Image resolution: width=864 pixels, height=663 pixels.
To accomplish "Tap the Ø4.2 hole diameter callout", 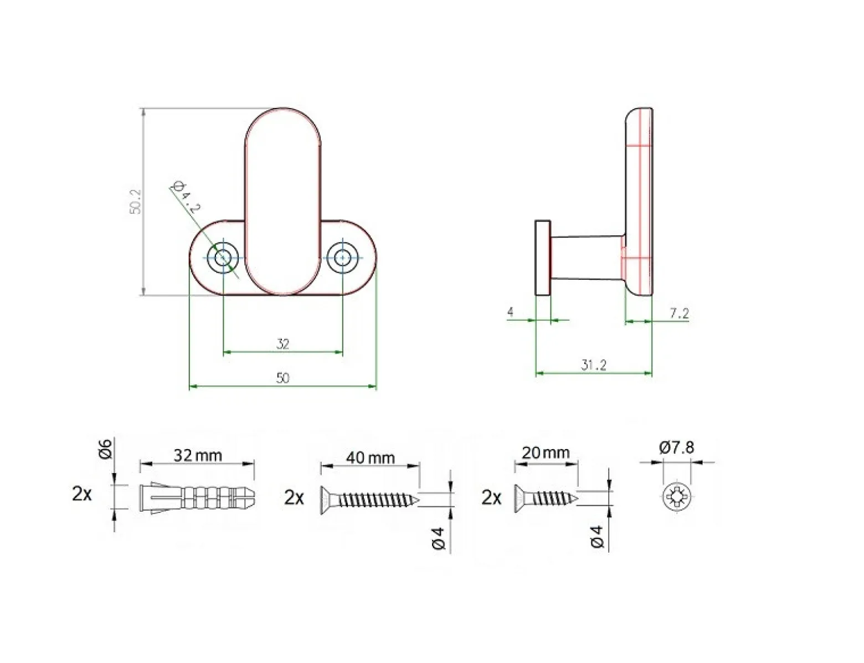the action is [186, 197].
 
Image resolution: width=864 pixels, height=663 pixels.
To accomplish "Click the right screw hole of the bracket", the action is [342, 258].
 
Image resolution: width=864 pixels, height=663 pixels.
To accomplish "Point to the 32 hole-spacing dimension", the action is [282, 344].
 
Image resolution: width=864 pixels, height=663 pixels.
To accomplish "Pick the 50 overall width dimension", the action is [282, 378].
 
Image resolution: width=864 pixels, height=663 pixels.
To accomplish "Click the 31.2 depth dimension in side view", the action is [593, 365].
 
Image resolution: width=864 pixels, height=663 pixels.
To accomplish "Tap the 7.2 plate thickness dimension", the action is [679, 313].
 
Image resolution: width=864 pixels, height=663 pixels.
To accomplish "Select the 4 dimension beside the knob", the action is [511, 312].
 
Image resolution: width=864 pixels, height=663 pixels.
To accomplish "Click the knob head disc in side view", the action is [543, 258].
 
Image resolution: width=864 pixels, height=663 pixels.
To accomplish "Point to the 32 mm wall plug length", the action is [198, 455].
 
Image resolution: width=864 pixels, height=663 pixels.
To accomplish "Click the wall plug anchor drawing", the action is [197, 497].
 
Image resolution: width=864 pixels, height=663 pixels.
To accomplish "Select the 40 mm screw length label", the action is [370, 458].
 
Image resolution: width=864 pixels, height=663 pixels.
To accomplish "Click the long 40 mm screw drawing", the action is [370, 499].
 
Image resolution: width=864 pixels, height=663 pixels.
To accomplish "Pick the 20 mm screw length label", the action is [546, 453].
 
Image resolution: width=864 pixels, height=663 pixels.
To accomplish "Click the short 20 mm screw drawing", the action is [546, 497].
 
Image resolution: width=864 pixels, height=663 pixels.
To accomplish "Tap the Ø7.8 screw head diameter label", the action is [677, 448].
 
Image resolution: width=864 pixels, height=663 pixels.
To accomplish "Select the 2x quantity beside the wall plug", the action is [82, 494].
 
